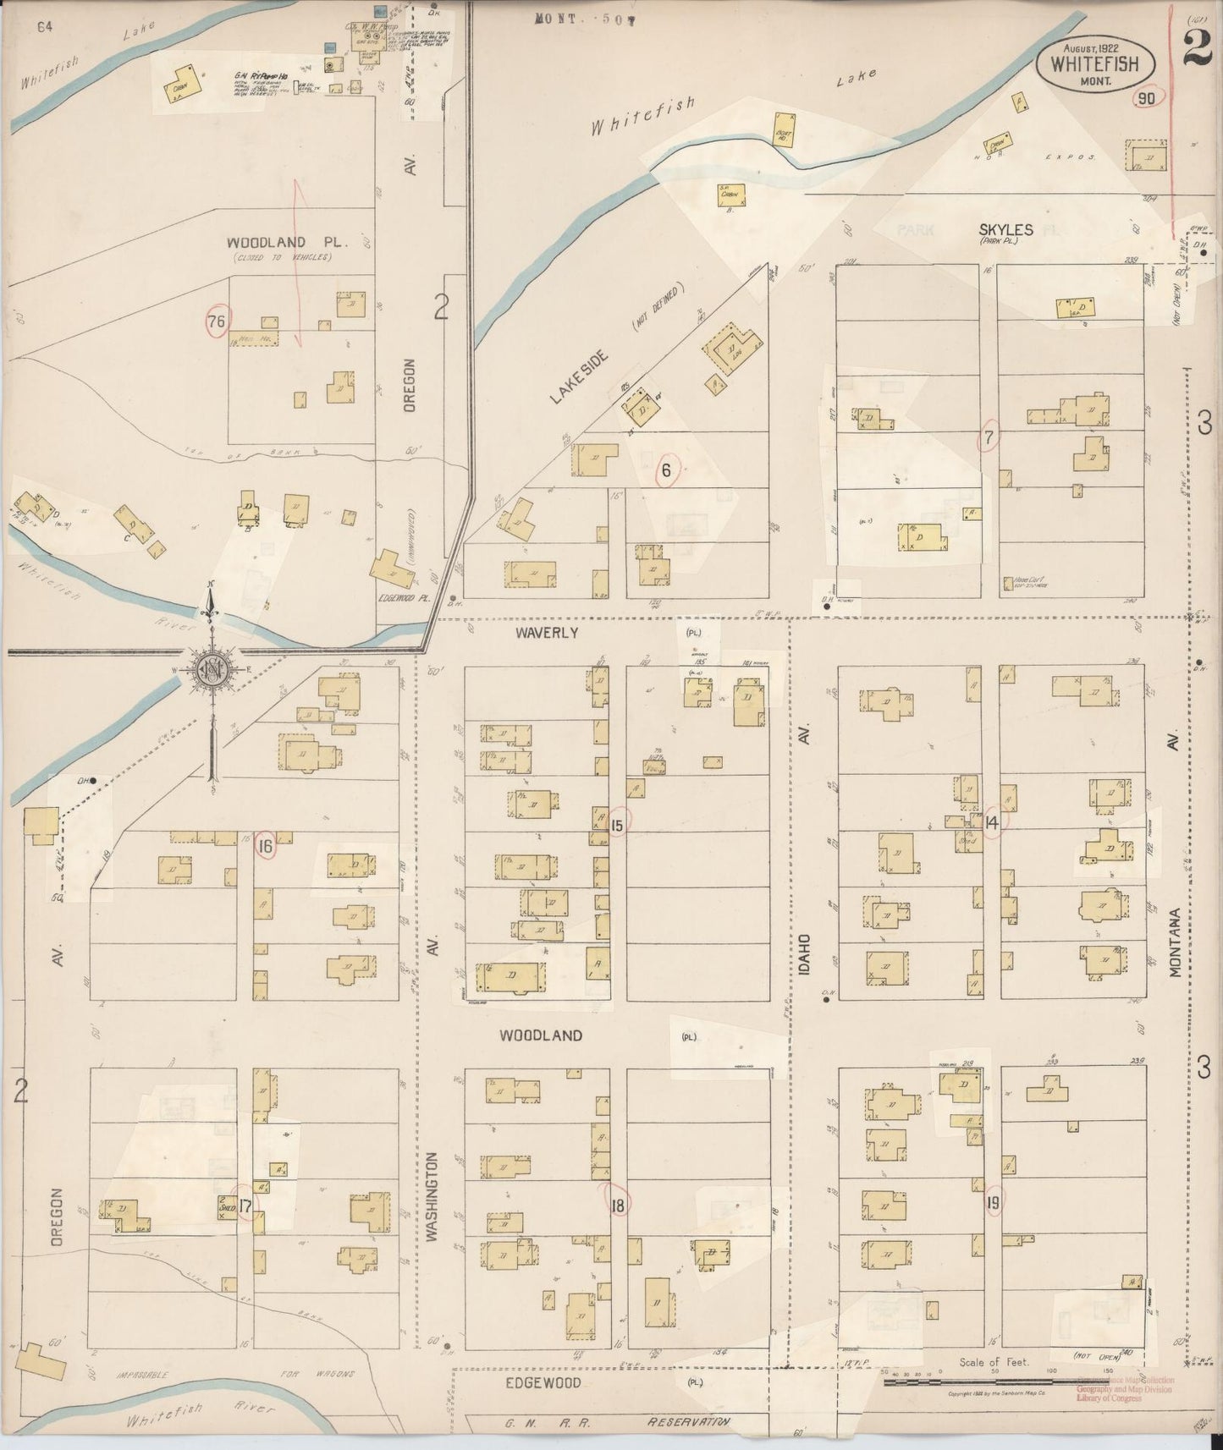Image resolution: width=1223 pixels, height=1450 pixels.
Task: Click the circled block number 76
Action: (x=217, y=321)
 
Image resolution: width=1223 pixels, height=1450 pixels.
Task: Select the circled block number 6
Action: (x=666, y=470)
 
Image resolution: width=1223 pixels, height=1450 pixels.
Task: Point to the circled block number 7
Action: (x=988, y=437)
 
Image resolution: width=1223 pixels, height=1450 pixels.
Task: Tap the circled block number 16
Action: (x=266, y=845)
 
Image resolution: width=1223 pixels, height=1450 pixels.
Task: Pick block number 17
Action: (x=245, y=1206)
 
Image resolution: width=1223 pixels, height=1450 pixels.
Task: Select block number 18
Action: (x=617, y=1206)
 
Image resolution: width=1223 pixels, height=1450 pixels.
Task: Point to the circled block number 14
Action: (x=992, y=821)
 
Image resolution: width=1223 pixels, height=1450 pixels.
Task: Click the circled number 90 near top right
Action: (x=1147, y=99)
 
